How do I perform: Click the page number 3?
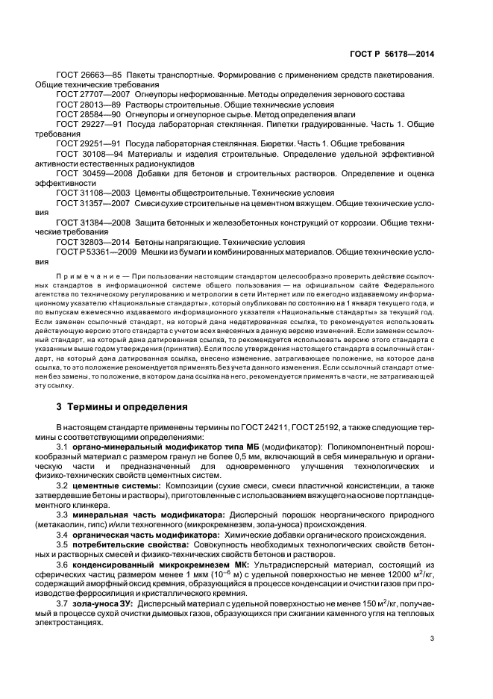coord(432,639)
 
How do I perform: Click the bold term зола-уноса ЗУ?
coord(104,603)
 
